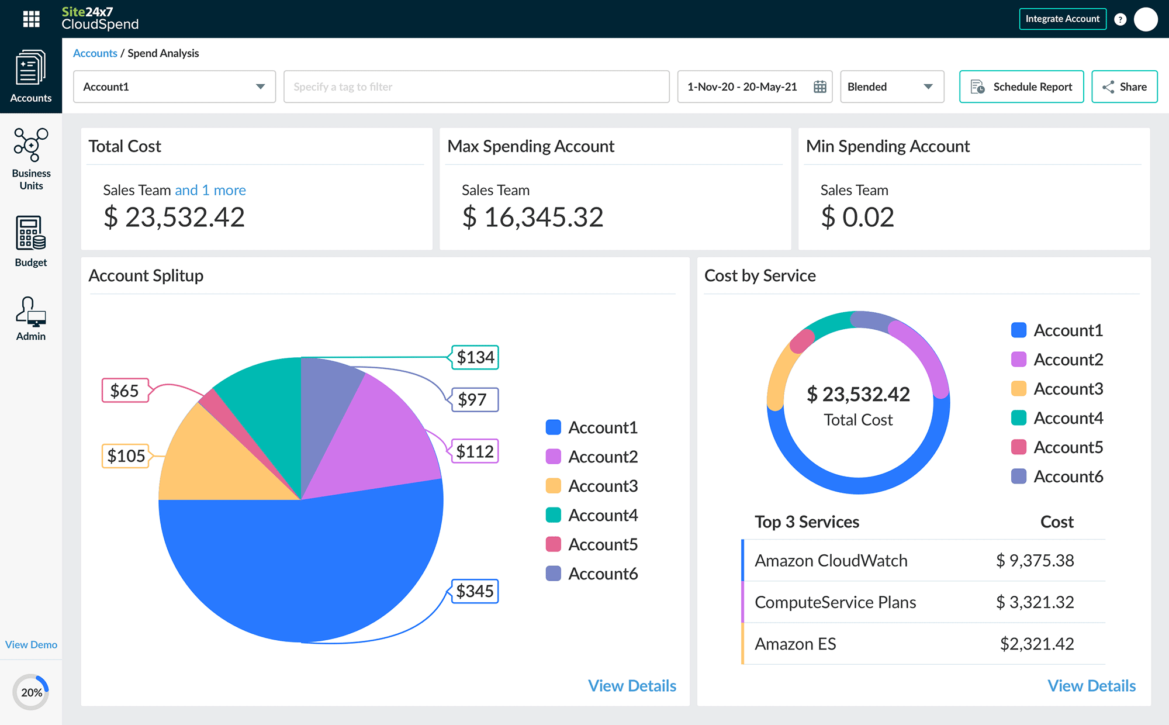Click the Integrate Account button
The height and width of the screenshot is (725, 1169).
click(x=1062, y=19)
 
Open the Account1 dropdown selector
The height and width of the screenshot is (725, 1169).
click(x=174, y=87)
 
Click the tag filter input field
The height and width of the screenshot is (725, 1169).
click(x=476, y=87)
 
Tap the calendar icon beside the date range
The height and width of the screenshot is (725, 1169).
click(x=819, y=87)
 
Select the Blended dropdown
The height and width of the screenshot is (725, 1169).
click(x=891, y=87)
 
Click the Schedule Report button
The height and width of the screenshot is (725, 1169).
click(x=1021, y=87)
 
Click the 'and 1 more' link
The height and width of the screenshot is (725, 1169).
click(x=210, y=190)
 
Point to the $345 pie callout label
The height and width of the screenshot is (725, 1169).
click(x=475, y=591)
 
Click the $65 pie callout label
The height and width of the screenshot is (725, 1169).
click(x=124, y=391)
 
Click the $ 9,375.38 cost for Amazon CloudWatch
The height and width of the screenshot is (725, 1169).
click(x=1035, y=560)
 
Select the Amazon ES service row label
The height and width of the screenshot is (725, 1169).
click(x=795, y=644)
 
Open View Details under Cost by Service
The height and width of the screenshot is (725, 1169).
click(x=1091, y=686)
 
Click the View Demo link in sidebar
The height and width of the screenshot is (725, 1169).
click(x=31, y=644)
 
